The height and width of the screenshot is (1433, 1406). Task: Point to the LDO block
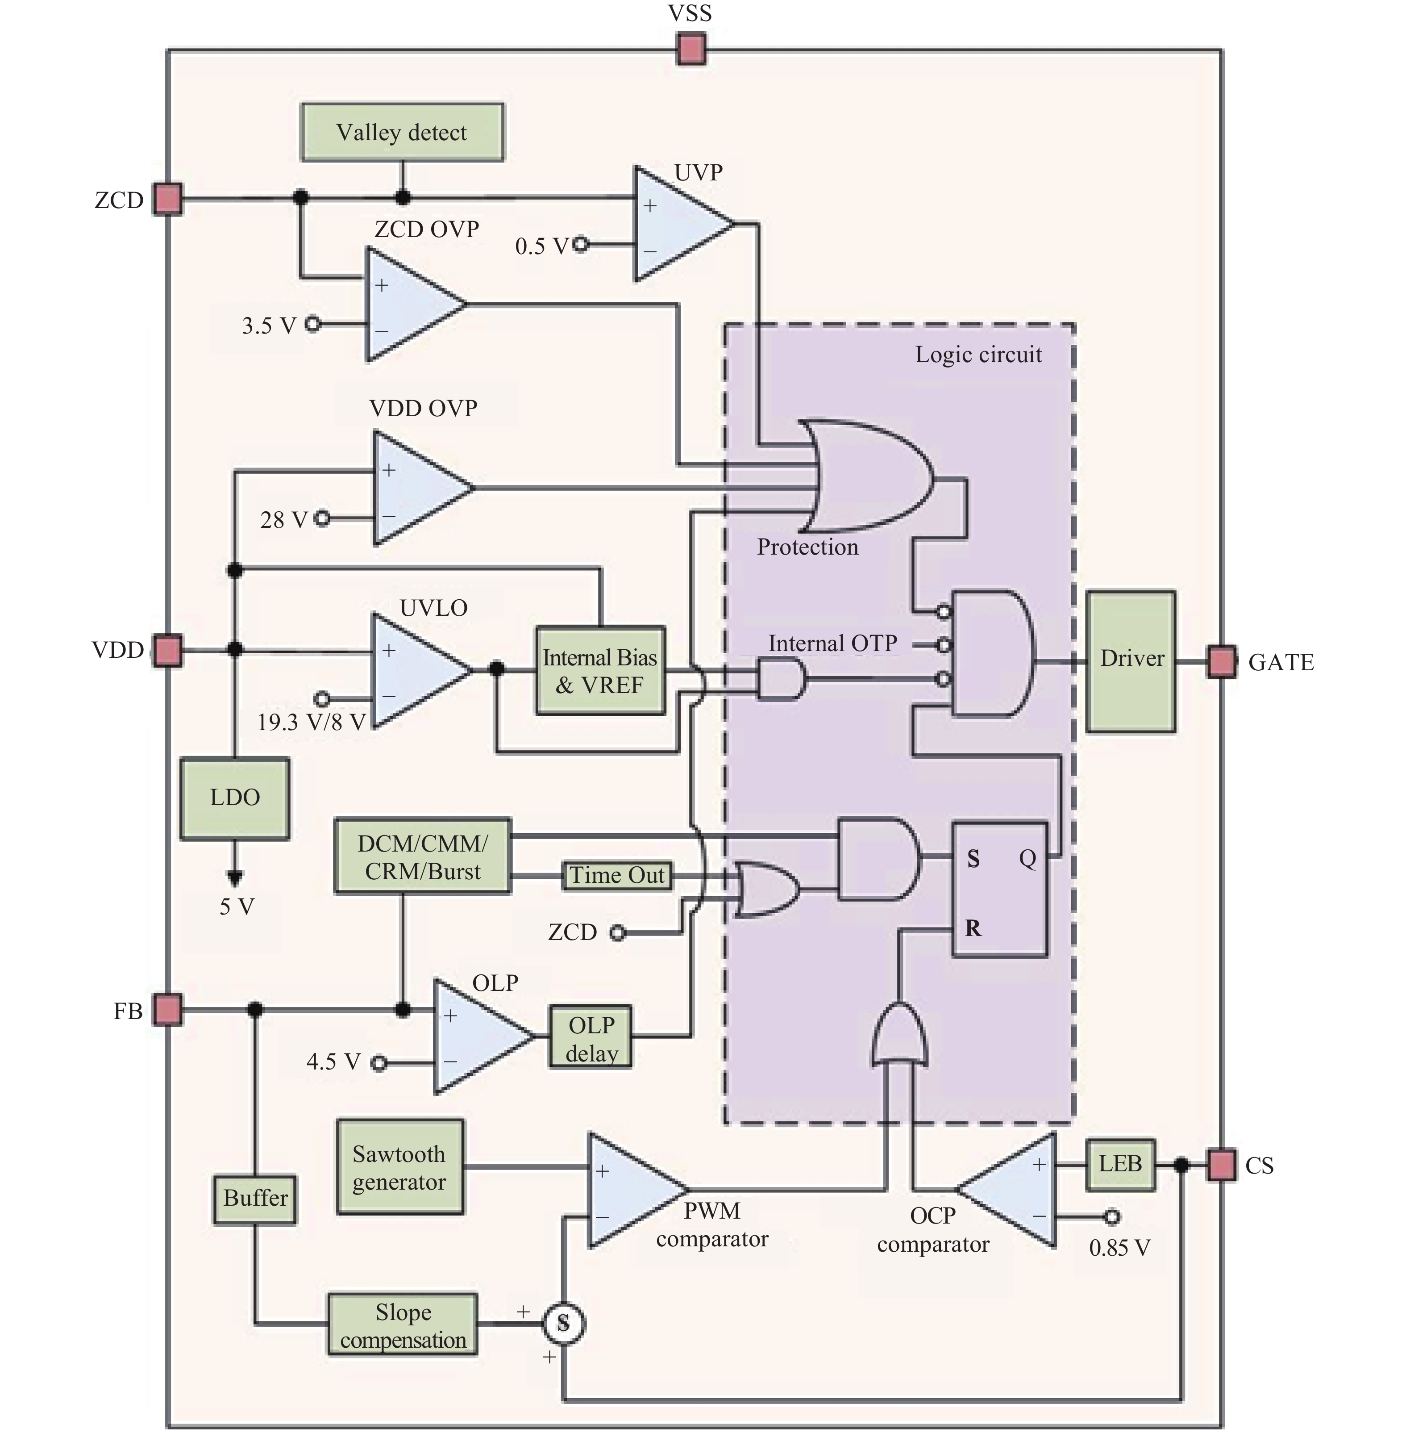pos(235,798)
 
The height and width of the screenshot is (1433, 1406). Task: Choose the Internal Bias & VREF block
pos(599,671)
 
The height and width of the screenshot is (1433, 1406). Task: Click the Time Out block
pos(616,875)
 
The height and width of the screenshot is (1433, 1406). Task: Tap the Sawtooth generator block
pos(399,1167)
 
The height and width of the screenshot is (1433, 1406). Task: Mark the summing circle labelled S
pos(563,1323)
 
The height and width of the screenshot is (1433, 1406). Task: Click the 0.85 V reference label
pos(1119,1248)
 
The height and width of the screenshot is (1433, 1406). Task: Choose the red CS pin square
pos(1221,1165)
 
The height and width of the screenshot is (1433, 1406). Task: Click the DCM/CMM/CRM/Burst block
pos(422,857)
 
